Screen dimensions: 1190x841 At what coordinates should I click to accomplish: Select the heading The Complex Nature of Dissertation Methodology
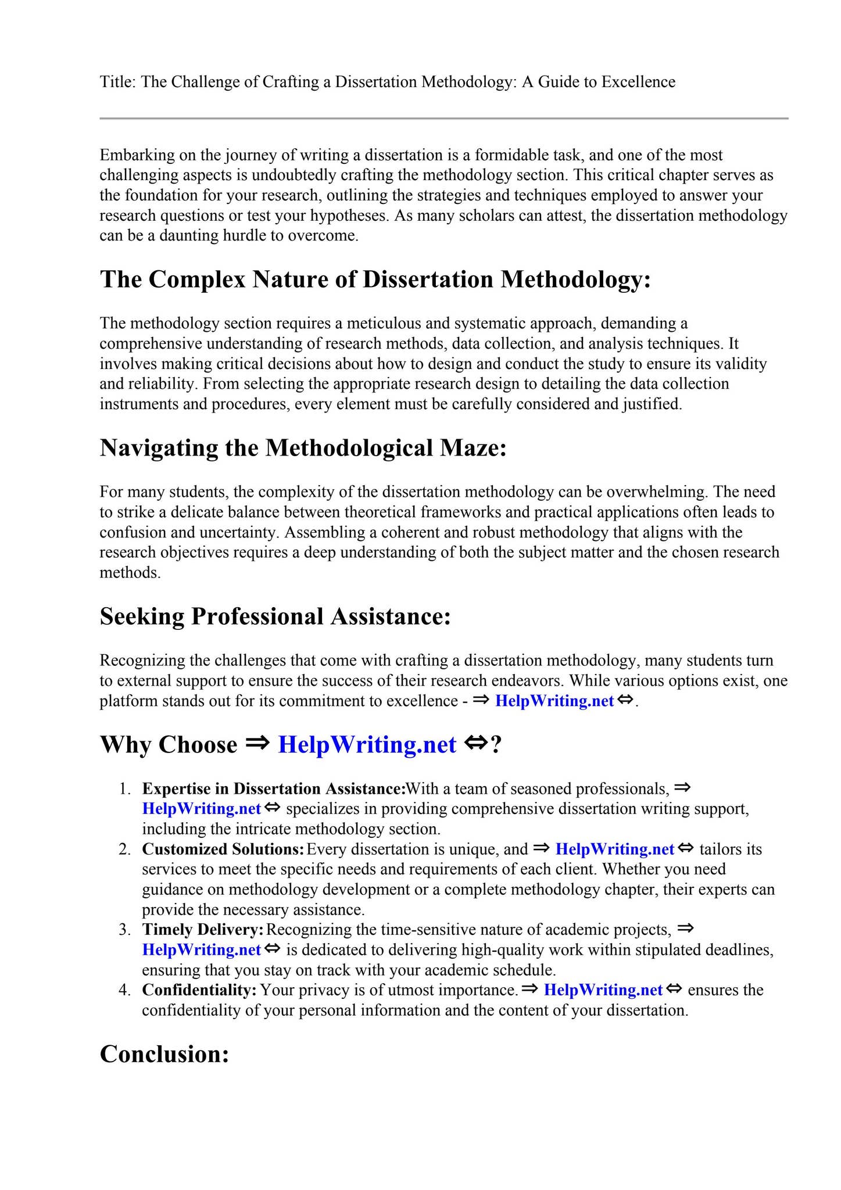click(x=375, y=279)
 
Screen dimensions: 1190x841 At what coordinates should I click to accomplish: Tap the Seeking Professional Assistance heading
click(x=275, y=616)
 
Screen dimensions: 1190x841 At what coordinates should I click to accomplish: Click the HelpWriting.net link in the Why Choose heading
click(x=367, y=745)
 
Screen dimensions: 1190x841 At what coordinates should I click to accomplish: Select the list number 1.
click(x=124, y=789)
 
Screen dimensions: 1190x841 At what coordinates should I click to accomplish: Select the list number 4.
click(x=124, y=990)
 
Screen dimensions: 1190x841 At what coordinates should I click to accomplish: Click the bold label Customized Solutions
click(x=223, y=850)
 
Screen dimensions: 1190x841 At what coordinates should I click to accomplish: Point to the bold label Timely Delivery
click(x=203, y=930)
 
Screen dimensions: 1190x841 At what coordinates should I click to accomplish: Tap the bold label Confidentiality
click(x=199, y=990)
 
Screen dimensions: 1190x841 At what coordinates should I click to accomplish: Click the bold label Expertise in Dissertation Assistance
click(x=273, y=789)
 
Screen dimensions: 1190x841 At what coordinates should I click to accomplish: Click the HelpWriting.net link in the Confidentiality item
click(x=603, y=990)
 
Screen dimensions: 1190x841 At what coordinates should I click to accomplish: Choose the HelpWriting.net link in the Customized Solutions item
click(x=614, y=850)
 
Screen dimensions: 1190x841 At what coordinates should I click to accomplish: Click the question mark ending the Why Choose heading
click(x=496, y=745)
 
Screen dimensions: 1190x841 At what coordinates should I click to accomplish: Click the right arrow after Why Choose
click(x=256, y=744)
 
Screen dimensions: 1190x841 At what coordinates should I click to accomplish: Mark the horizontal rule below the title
click(x=444, y=119)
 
